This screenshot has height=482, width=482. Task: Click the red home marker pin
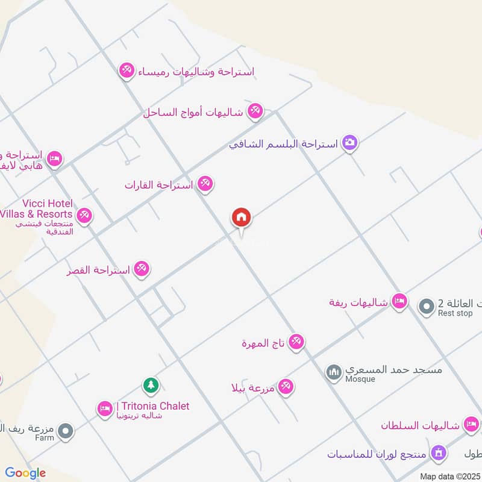(x=242, y=218)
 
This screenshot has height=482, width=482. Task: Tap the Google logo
(x=25, y=473)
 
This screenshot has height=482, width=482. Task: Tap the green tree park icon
(x=150, y=384)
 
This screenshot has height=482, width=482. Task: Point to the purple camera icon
(x=349, y=143)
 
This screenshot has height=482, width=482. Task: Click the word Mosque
(x=360, y=379)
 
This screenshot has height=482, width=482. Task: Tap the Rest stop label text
(x=455, y=313)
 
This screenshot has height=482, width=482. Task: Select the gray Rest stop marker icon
(x=427, y=307)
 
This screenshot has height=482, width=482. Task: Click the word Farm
(x=44, y=438)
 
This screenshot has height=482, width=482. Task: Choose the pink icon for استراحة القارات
(x=205, y=184)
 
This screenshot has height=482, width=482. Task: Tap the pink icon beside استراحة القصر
(x=142, y=269)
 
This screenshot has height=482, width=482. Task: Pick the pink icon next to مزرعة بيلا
(x=286, y=387)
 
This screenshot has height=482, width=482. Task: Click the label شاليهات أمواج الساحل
(x=193, y=112)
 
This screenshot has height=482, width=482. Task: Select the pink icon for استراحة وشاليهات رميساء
(x=127, y=71)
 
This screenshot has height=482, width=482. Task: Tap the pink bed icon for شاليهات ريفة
(x=399, y=301)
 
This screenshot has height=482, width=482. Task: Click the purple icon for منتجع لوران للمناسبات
(x=439, y=452)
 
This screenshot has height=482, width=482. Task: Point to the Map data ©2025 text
(x=449, y=476)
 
